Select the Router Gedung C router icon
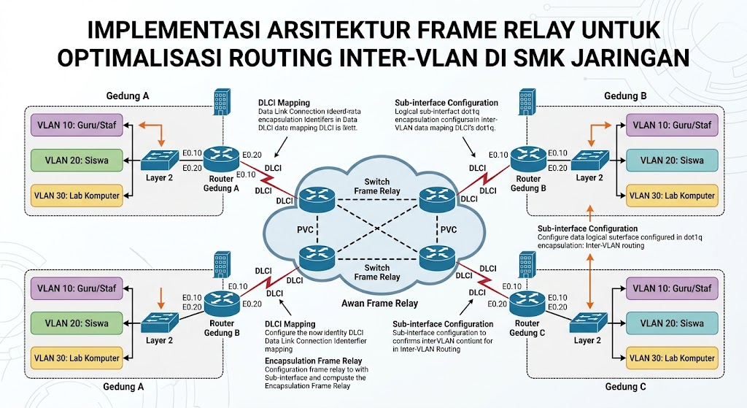(x=527, y=304)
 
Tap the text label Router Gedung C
(x=527, y=328)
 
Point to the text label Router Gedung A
(x=221, y=183)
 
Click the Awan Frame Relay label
(x=379, y=303)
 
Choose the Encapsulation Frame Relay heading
(x=314, y=361)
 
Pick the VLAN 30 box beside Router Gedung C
(x=672, y=358)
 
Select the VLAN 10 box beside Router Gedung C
(x=672, y=288)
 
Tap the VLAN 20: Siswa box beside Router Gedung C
(x=672, y=323)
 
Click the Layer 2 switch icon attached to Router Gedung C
(x=589, y=323)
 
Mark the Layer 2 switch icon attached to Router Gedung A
(x=159, y=160)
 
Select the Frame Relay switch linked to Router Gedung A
(x=317, y=200)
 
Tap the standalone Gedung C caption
(x=625, y=387)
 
